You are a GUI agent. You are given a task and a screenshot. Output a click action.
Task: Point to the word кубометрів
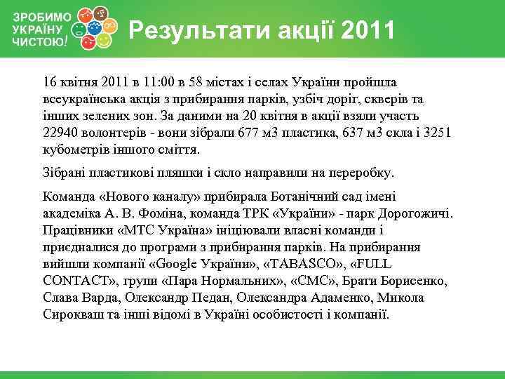pyautogui.click(x=74, y=150)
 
